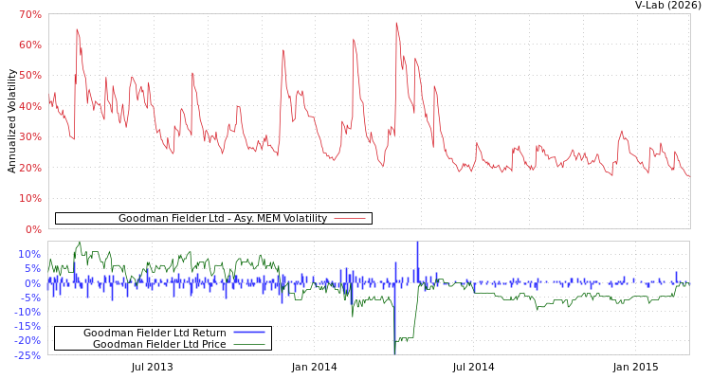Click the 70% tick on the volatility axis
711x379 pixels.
(x=29, y=14)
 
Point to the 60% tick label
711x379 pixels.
(x=29, y=45)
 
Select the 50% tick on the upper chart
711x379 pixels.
(x=29, y=75)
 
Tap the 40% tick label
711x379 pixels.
(x=29, y=106)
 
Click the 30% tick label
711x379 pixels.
(x=29, y=136)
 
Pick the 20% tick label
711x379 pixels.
(x=29, y=168)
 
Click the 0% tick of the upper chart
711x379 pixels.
(x=32, y=229)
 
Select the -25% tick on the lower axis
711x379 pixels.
(x=27, y=355)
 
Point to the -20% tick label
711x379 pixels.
(x=27, y=340)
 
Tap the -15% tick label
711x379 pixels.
(x=27, y=326)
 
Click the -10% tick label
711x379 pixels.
(x=27, y=312)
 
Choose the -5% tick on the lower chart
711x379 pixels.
(x=30, y=298)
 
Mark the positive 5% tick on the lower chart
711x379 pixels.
(x=32, y=269)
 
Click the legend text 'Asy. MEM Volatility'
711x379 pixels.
(x=222, y=219)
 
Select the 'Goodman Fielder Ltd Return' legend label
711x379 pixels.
(x=155, y=333)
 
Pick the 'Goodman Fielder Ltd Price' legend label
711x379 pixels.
(x=159, y=344)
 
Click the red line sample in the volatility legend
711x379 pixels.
(x=349, y=219)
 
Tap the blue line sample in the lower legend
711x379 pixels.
(x=248, y=333)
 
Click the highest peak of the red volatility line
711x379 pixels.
(x=396, y=23)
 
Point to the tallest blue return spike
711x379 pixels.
(x=417, y=244)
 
